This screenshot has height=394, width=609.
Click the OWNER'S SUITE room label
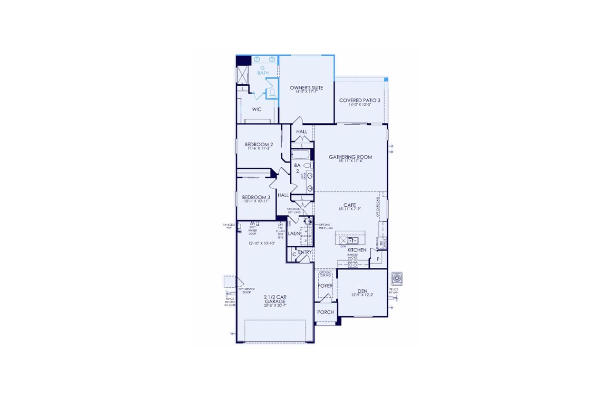tap(306, 88)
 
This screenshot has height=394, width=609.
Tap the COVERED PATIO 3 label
tap(359, 101)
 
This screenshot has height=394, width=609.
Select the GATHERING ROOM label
tap(350, 157)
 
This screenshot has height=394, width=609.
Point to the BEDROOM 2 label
tap(259, 145)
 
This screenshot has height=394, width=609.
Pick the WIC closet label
tap(257, 109)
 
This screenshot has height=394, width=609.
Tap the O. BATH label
tap(263, 71)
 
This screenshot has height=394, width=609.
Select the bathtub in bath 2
tap(301, 155)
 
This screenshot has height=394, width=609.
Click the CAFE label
tap(350, 205)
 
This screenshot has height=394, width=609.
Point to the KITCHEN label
tap(356, 250)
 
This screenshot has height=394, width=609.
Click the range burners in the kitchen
tap(354, 263)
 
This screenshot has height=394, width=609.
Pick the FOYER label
tap(325, 286)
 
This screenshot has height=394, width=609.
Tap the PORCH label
tap(326, 313)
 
